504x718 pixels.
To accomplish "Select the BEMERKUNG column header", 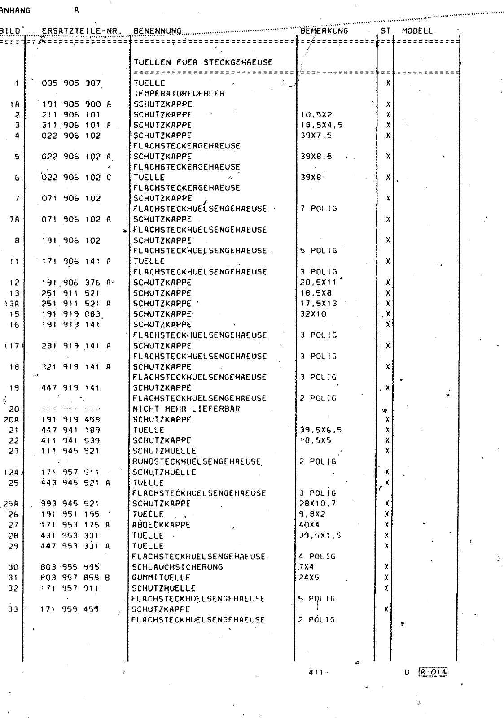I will pyautogui.click(x=324, y=31).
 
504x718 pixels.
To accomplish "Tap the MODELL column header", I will pyautogui.click(x=417, y=31).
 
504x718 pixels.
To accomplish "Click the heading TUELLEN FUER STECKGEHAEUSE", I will pyautogui.click(x=203, y=62).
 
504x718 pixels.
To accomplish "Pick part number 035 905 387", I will pyautogui.click(x=71, y=83).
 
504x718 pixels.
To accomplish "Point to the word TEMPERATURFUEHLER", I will pyautogui.click(x=179, y=93).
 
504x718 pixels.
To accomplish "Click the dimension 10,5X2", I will pyautogui.click(x=316, y=114).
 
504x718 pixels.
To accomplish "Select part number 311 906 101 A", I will pyautogui.click(x=76, y=125).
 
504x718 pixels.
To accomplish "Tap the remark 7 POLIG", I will pyautogui.click(x=319, y=209).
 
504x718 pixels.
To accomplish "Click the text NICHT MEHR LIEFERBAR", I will pyautogui.click(x=186, y=409).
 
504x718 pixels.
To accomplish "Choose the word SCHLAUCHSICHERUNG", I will pyautogui.click(x=178, y=567).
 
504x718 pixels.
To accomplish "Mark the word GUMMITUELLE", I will pyautogui.click(x=161, y=578).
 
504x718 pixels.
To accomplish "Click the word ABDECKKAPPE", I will pyautogui.click(x=161, y=525).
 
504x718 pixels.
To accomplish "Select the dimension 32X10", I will pyautogui.click(x=313, y=314).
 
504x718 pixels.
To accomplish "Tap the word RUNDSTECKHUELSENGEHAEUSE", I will pyautogui.click(x=197, y=461).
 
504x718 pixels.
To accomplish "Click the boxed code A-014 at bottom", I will pyautogui.click(x=433, y=672).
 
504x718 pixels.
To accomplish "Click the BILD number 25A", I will pyautogui.click(x=12, y=504).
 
